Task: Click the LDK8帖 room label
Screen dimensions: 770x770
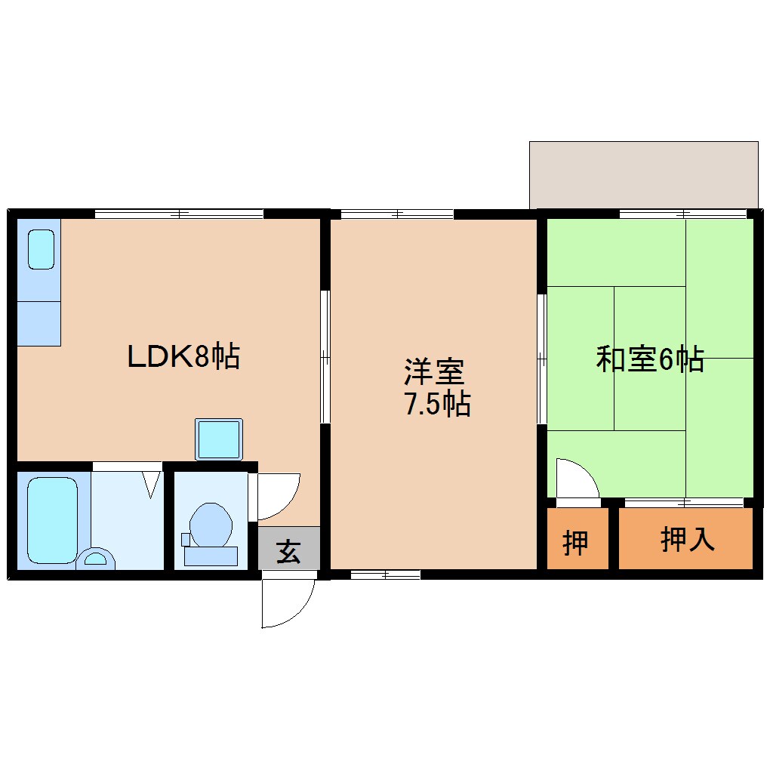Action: point(183,356)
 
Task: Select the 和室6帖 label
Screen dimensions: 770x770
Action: point(649,359)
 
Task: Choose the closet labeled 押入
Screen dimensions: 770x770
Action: point(686,539)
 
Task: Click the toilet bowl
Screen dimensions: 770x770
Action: point(210,525)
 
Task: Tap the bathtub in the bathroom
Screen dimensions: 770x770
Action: point(52,520)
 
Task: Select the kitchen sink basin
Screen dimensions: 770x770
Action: point(41,249)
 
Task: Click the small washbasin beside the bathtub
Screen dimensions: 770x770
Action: point(96,559)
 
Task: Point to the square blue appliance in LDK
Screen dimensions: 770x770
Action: point(218,439)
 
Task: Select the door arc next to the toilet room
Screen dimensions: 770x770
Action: point(278,495)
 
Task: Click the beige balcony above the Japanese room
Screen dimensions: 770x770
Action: point(643,174)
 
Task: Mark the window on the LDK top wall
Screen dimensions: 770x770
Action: point(179,214)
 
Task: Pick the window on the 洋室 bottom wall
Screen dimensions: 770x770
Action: point(385,575)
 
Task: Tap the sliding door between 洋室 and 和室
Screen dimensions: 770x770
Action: point(541,359)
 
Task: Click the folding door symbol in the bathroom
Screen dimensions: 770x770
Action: point(152,483)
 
